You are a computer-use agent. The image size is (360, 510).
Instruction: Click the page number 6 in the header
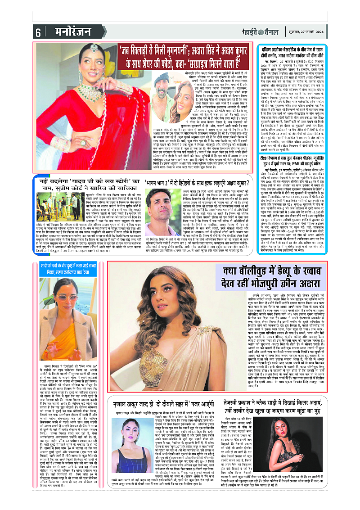click(x=38, y=32)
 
